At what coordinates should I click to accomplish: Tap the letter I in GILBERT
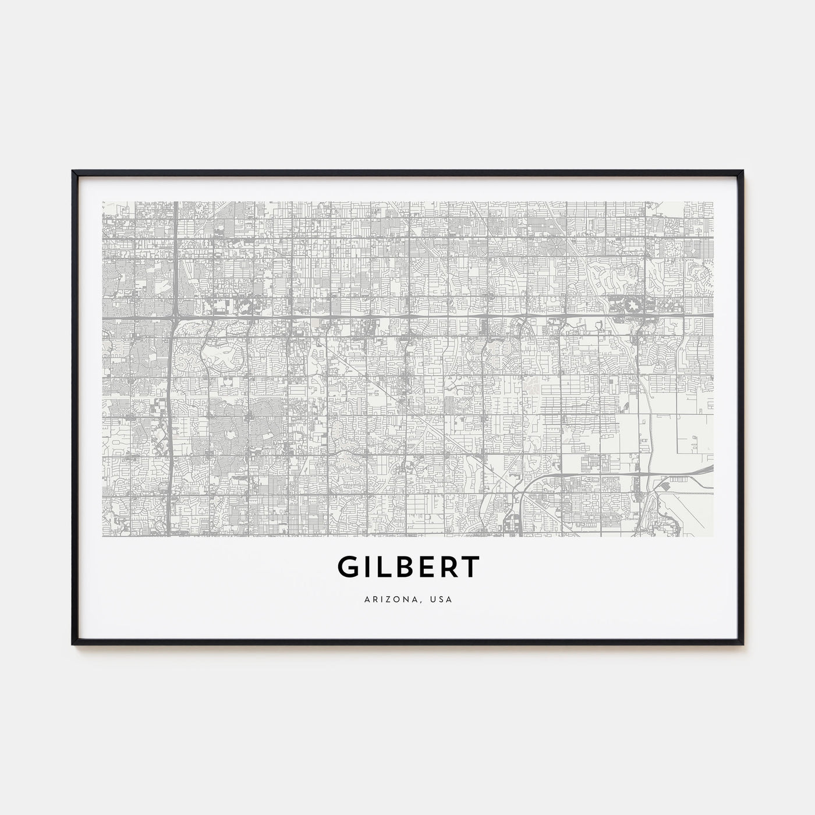367,566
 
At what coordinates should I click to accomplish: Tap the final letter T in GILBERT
472,566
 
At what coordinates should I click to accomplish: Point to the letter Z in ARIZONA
386,598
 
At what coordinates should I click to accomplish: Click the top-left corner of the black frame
73,171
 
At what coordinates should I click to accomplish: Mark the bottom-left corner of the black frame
73,643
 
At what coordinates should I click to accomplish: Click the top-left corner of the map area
102,202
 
